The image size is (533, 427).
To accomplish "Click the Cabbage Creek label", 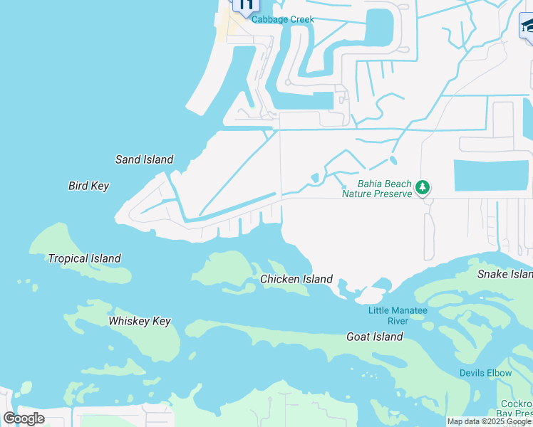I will (x=283, y=19).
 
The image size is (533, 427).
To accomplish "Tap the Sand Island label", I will (x=144, y=159).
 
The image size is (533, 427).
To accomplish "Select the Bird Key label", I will (x=88, y=186).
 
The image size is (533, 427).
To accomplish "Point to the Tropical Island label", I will (x=84, y=258).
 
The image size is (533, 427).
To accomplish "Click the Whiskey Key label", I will (x=140, y=321).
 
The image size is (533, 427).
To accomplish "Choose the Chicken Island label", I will (x=296, y=279).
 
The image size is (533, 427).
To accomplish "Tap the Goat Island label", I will (x=374, y=337).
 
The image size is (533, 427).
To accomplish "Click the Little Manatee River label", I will (x=398, y=316).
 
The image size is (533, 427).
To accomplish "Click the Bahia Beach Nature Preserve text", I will (x=377, y=189).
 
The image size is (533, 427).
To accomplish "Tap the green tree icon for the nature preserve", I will (x=423, y=187).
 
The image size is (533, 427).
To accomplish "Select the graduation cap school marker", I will (x=528, y=26).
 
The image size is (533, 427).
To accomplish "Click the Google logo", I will (x=24, y=418).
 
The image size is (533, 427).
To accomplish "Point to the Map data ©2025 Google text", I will (x=489, y=421).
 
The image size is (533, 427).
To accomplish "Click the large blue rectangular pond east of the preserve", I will (x=492, y=175).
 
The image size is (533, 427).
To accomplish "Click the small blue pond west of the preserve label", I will (x=314, y=177).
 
